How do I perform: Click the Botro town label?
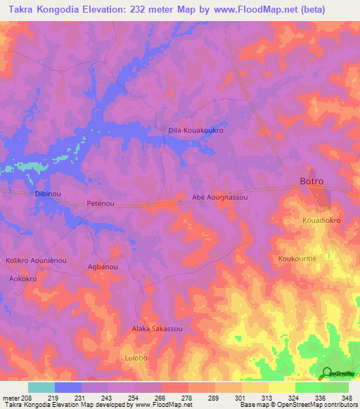[311, 181]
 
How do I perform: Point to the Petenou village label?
[100, 204]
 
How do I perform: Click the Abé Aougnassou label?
[220, 197]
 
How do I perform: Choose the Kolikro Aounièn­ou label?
[36, 260]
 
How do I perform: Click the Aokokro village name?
[22, 279]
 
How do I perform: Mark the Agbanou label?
[102, 267]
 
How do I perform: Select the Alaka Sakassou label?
[157, 329]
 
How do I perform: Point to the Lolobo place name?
[136, 358]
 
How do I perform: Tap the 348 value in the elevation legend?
[347, 398]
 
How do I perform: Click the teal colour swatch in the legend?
[41, 387]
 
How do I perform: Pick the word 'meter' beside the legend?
[10, 398]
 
